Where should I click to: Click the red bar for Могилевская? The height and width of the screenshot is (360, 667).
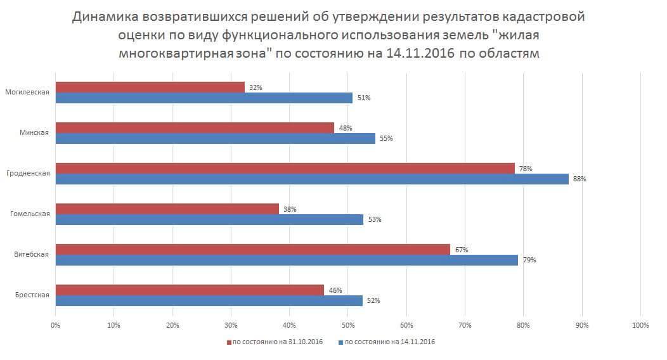tap(150, 87)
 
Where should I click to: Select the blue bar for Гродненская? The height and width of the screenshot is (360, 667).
tap(312, 179)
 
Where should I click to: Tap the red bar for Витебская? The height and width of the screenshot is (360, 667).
tap(252, 250)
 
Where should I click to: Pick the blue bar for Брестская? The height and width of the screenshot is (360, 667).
tap(209, 300)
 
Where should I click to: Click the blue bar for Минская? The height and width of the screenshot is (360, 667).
tap(215, 138)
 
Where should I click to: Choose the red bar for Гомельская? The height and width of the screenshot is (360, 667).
tap(167, 209)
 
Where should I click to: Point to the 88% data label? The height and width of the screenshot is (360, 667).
tap(580, 179)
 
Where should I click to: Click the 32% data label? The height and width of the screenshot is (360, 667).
tap(256, 87)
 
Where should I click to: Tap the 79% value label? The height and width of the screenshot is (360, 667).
tap(529, 260)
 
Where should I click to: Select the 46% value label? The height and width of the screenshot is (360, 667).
tap(335, 290)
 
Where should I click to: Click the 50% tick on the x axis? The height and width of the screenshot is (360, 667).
tap(348, 325)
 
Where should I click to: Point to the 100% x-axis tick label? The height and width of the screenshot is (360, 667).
tap(640, 325)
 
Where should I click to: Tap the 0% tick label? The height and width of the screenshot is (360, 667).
tap(55, 325)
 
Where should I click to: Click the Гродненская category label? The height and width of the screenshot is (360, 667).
tap(28, 173)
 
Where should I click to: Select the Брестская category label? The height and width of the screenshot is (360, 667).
tap(32, 295)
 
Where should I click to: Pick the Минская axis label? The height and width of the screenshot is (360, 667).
tap(35, 132)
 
